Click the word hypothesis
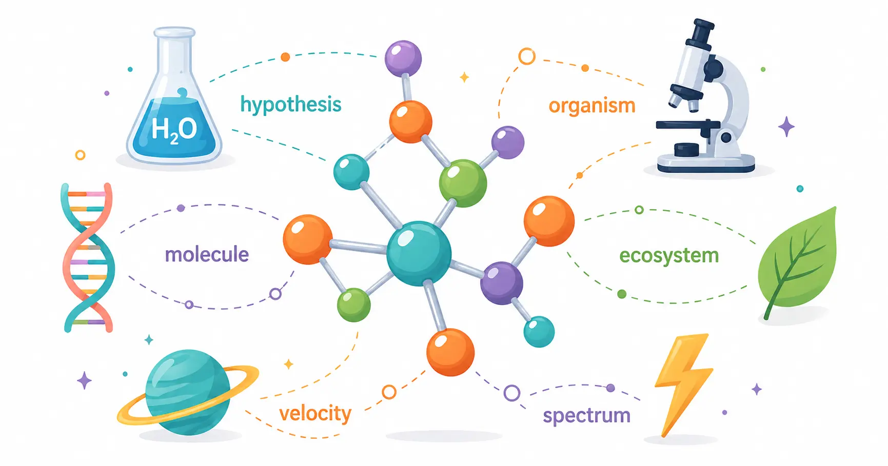coord(291,105)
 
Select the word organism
coord(592,106)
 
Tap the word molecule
coord(207,254)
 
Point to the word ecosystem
coord(669,256)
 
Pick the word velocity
coord(315,413)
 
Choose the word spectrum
coord(586,416)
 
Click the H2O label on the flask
coord(174,129)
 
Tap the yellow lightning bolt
coord(684,384)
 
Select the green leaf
coord(797,262)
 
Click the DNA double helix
coord(88,257)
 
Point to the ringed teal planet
coord(188,392)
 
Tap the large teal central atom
coord(419,253)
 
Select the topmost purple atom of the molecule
coord(403,58)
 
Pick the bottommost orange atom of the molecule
coord(450,352)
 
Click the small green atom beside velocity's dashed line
coord(353,305)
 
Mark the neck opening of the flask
coord(174,33)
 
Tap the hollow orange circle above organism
coord(527,56)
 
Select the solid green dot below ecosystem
coord(622,294)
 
